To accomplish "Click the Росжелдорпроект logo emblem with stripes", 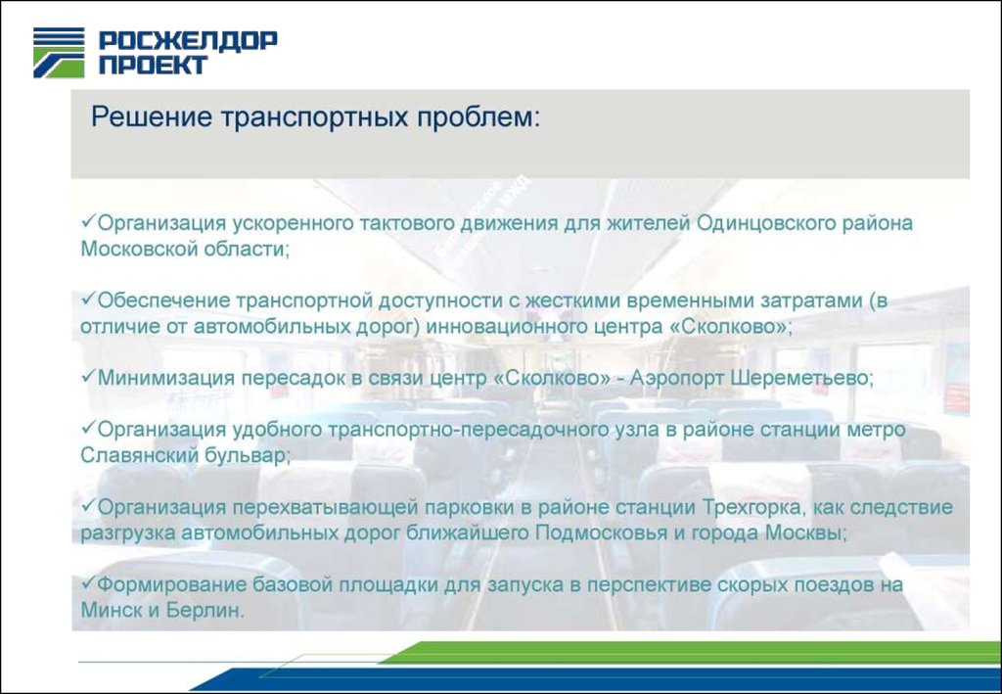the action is [59, 53].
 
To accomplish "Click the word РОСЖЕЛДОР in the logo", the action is [188, 41].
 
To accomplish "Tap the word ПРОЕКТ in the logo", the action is [153, 65].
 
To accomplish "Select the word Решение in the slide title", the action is [151, 117].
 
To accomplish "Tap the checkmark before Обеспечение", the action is [88, 299].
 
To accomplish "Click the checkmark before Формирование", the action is [88, 582].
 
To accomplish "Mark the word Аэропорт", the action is [676, 378].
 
